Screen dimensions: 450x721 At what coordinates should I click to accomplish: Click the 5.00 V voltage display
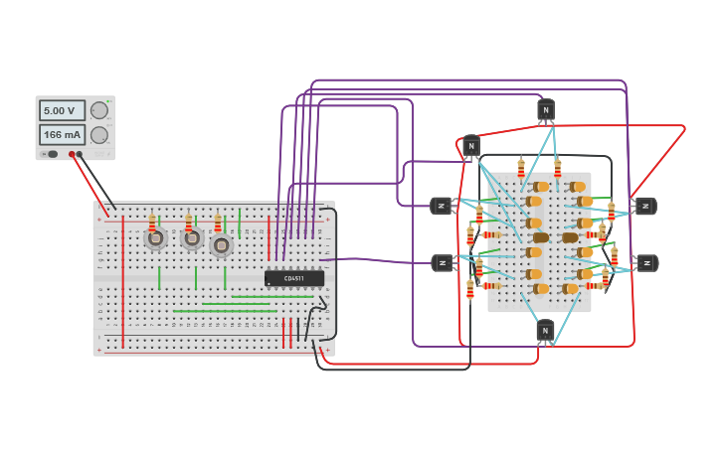coord(62,110)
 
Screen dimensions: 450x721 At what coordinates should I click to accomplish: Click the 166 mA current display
coord(62,134)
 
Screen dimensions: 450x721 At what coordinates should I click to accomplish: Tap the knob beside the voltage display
coord(99,110)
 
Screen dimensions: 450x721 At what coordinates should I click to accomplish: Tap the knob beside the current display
coord(99,134)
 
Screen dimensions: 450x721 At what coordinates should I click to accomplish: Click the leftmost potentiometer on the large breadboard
coord(155,238)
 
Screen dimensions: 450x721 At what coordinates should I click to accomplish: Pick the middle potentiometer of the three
coord(192,239)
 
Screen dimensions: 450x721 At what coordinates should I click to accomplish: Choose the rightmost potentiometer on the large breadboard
coord(222,244)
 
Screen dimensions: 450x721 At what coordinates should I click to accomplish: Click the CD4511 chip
coord(294,278)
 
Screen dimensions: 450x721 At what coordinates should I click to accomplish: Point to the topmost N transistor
coord(545,109)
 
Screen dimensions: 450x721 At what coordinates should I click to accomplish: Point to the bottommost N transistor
coord(545,329)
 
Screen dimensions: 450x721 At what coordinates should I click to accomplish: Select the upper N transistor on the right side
coord(645,206)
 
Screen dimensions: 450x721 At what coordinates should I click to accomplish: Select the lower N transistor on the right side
coord(647,263)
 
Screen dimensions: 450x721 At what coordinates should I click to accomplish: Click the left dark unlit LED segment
coord(540,237)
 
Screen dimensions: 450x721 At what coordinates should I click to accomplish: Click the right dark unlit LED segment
coord(570,237)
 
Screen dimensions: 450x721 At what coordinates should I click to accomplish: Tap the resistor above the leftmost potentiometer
coord(152,222)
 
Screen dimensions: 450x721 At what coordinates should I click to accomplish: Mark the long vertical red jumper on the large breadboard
coord(123,278)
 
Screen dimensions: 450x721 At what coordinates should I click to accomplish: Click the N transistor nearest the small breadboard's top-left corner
coord(471,147)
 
